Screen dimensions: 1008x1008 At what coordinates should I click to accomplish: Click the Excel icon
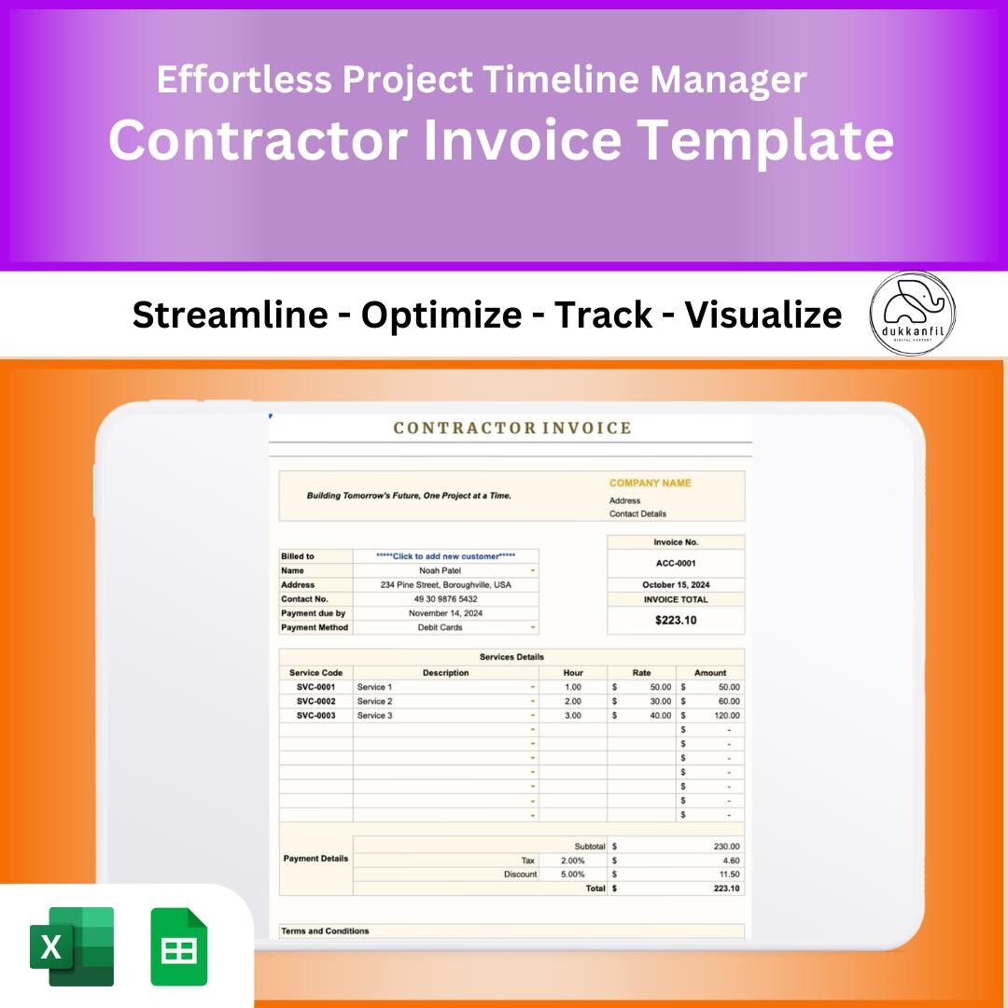point(72,945)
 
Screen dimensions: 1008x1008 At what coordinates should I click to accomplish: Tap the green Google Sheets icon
point(179,945)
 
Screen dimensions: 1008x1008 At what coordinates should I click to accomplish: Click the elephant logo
point(912,314)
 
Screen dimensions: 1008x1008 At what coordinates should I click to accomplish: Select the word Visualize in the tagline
point(763,315)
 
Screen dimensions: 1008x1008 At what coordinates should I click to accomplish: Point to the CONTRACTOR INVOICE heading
point(512,428)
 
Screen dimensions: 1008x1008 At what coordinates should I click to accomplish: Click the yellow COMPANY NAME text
point(650,483)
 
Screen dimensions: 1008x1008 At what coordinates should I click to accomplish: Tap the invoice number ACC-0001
point(676,564)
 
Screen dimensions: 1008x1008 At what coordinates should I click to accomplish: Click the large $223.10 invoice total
point(676,620)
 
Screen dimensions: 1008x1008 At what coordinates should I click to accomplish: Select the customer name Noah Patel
point(440,570)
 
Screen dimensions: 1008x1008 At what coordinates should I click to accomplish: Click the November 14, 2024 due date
point(445,613)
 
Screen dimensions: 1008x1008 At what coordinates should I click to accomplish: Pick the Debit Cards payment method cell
point(440,628)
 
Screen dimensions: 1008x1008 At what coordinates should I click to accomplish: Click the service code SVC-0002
point(315,701)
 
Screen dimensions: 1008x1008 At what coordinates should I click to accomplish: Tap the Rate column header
point(641,673)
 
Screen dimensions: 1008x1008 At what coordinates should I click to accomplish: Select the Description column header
point(445,673)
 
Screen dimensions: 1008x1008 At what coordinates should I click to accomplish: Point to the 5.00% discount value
point(573,875)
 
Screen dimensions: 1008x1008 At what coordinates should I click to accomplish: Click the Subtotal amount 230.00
point(726,847)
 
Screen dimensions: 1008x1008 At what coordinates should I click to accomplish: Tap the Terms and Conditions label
point(325,931)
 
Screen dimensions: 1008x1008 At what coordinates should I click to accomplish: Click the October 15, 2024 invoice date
point(676,585)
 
